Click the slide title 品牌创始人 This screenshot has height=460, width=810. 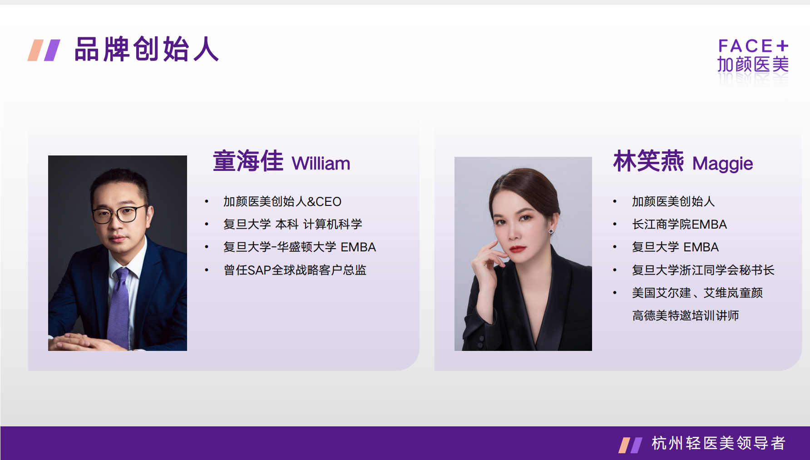tap(146, 49)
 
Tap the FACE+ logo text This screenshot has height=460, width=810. tap(753, 46)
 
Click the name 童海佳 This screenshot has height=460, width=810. tap(248, 161)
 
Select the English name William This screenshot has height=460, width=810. tap(321, 164)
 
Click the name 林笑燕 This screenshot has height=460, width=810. tap(648, 161)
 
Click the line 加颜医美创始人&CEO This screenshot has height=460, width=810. tap(282, 201)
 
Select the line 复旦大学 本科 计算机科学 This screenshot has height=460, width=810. tap(293, 224)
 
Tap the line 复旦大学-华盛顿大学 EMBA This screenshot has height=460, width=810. tap(300, 247)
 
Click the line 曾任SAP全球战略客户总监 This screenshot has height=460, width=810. tap(295, 270)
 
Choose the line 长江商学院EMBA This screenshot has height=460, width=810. tap(680, 224)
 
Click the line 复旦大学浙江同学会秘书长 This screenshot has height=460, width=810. tap(703, 270)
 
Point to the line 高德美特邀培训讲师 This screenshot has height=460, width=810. tap(686, 315)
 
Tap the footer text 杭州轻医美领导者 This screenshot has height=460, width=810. tap(719, 443)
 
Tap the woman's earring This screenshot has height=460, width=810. tap(551, 231)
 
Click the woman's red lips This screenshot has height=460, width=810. tap(517, 249)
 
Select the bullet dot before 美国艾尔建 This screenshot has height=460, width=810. tap(615, 293)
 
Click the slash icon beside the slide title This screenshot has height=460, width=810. tap(44, 50)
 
